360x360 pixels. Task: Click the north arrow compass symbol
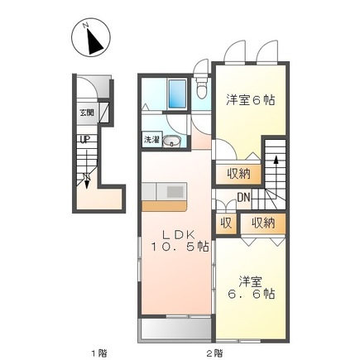(x=91, y=37)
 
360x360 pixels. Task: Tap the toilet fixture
(x=201, y=86)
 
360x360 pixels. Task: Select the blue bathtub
(x=177, y=94)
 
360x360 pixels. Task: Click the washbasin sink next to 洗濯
(x=171, y=142)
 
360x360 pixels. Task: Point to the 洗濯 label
(x=151, y=140)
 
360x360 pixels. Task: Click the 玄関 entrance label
(x=87, y=113)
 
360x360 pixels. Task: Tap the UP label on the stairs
(x=85, y=140)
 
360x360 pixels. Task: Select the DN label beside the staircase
(x=243, y=197)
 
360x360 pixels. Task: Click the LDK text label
(x=179, y=235)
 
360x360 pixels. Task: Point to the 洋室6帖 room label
(x=251, y=100)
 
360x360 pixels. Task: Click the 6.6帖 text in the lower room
(x=251, y=294)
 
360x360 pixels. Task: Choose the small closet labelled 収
(x=226, y=223)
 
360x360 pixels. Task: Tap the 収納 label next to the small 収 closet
(x=263, y=223)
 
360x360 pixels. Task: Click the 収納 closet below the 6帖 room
(x=238, y=174)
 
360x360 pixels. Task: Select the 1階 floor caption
(x=99, y=353)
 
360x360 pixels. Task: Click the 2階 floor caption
(x=214, y=353)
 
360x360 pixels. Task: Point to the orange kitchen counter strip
(x=165, y=206)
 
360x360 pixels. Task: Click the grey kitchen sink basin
(x=175, y=192)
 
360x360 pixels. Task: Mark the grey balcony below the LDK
(x=176, y=329)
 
